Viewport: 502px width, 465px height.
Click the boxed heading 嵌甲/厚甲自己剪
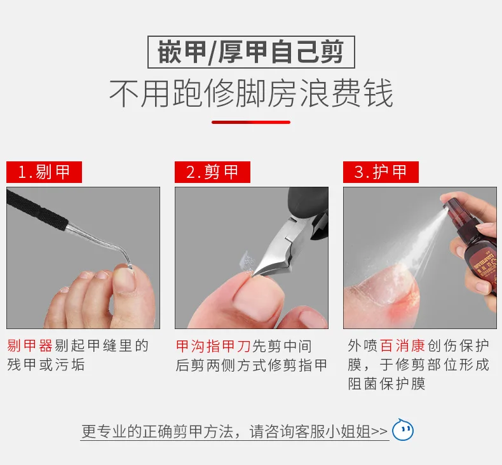(251, 52)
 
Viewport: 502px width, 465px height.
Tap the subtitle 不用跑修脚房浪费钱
(251, 93)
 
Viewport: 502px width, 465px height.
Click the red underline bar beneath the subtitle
(251, 122)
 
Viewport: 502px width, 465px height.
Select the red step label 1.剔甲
(44, 172)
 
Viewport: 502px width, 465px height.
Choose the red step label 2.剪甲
(212, 172)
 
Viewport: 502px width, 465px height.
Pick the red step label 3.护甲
(381, 172)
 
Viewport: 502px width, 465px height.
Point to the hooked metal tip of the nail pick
(128, 259)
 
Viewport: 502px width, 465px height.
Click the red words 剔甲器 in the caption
(30, 346)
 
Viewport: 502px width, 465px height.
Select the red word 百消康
(402, 346)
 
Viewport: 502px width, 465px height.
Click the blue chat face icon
(403, 430)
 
